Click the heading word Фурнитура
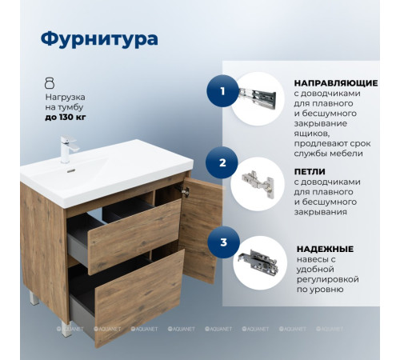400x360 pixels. [98, 38]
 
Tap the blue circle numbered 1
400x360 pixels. [222, 91]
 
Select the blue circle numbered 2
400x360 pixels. [222, 162]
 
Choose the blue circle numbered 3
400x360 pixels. [222, 242]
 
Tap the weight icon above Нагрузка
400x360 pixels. [50, 82]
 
